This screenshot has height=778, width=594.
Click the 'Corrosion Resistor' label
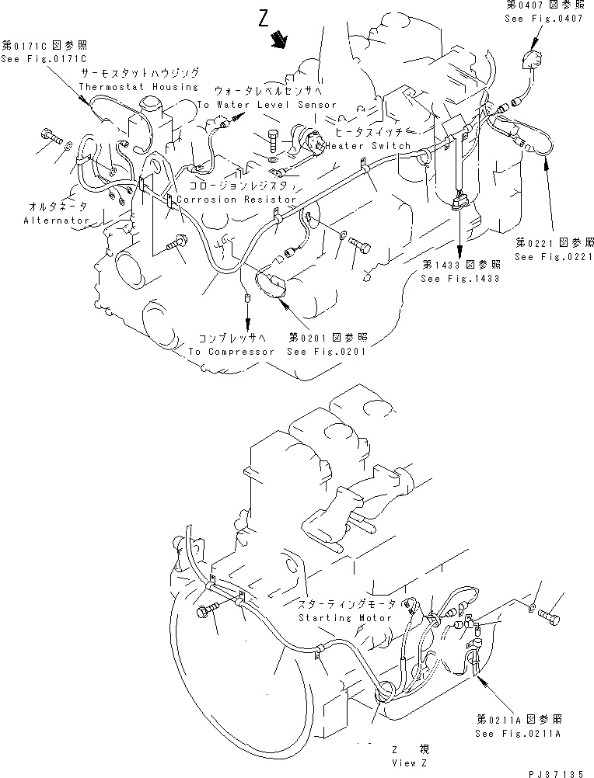236,199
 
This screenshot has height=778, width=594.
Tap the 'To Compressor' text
231,351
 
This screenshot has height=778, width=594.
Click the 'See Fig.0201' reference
327,351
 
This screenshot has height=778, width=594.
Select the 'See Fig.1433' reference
460,278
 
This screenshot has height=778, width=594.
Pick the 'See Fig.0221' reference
554,256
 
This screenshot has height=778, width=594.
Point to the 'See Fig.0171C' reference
44,58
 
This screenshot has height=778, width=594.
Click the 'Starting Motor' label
347,618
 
